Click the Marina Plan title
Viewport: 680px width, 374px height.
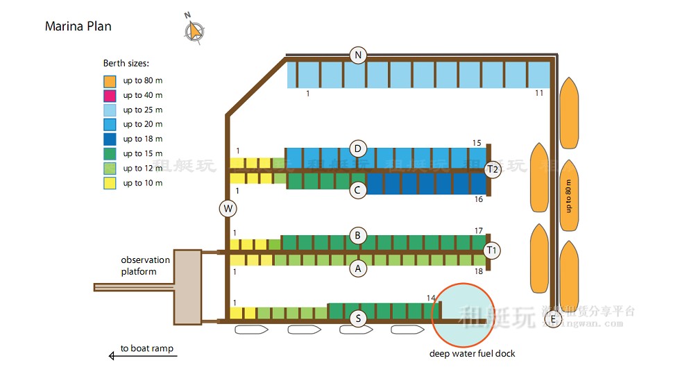78,26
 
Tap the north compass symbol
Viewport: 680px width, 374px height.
195,30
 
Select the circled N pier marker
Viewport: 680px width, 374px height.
358,56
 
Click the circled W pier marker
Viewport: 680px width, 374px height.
228,208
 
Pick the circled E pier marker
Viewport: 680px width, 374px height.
552,320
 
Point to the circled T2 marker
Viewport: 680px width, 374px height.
493,170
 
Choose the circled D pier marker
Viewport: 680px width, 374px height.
358,148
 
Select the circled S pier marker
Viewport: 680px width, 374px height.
358,318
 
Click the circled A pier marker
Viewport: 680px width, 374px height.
358,269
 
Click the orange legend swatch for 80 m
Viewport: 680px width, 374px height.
110,80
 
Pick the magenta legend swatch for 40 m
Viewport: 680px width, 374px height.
110,95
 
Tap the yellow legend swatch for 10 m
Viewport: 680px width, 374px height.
110,183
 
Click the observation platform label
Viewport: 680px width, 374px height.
145,266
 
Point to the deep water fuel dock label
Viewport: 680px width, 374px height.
472,354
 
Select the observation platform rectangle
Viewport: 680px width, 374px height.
187,287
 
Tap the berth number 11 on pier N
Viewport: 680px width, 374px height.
539,93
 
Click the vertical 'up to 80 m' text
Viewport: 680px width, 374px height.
569,196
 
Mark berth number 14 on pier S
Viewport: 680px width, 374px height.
431,298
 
